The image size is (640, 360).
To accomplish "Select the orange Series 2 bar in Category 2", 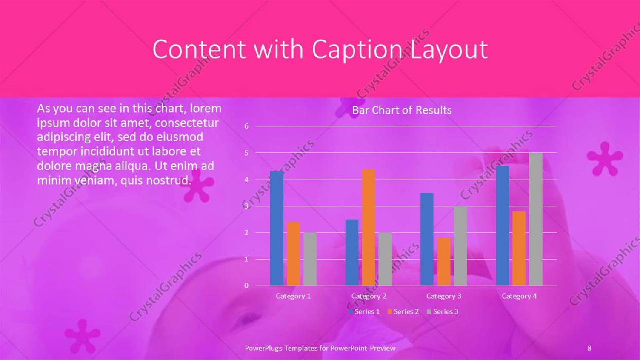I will coord(369,227).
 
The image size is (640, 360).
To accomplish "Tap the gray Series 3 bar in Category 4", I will coord(536,219).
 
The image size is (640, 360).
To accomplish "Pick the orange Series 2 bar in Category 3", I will coord(444,262).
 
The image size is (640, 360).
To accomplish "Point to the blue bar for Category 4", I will coord(503,226).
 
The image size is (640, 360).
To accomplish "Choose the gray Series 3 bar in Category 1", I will coord(310,259).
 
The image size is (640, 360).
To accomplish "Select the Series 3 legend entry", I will coord(443,311).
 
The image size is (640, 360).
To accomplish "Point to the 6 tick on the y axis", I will coord(246,126).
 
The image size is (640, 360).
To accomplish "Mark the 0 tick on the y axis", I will coord(246,286).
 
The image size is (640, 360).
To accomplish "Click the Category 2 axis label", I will coord(369,296).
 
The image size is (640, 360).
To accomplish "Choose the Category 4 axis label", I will coord(519,296).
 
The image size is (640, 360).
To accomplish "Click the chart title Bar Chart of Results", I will coord(402,110).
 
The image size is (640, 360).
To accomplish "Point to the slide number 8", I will coord(589,348).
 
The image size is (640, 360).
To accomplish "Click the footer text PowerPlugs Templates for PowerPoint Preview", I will coord(320,348).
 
